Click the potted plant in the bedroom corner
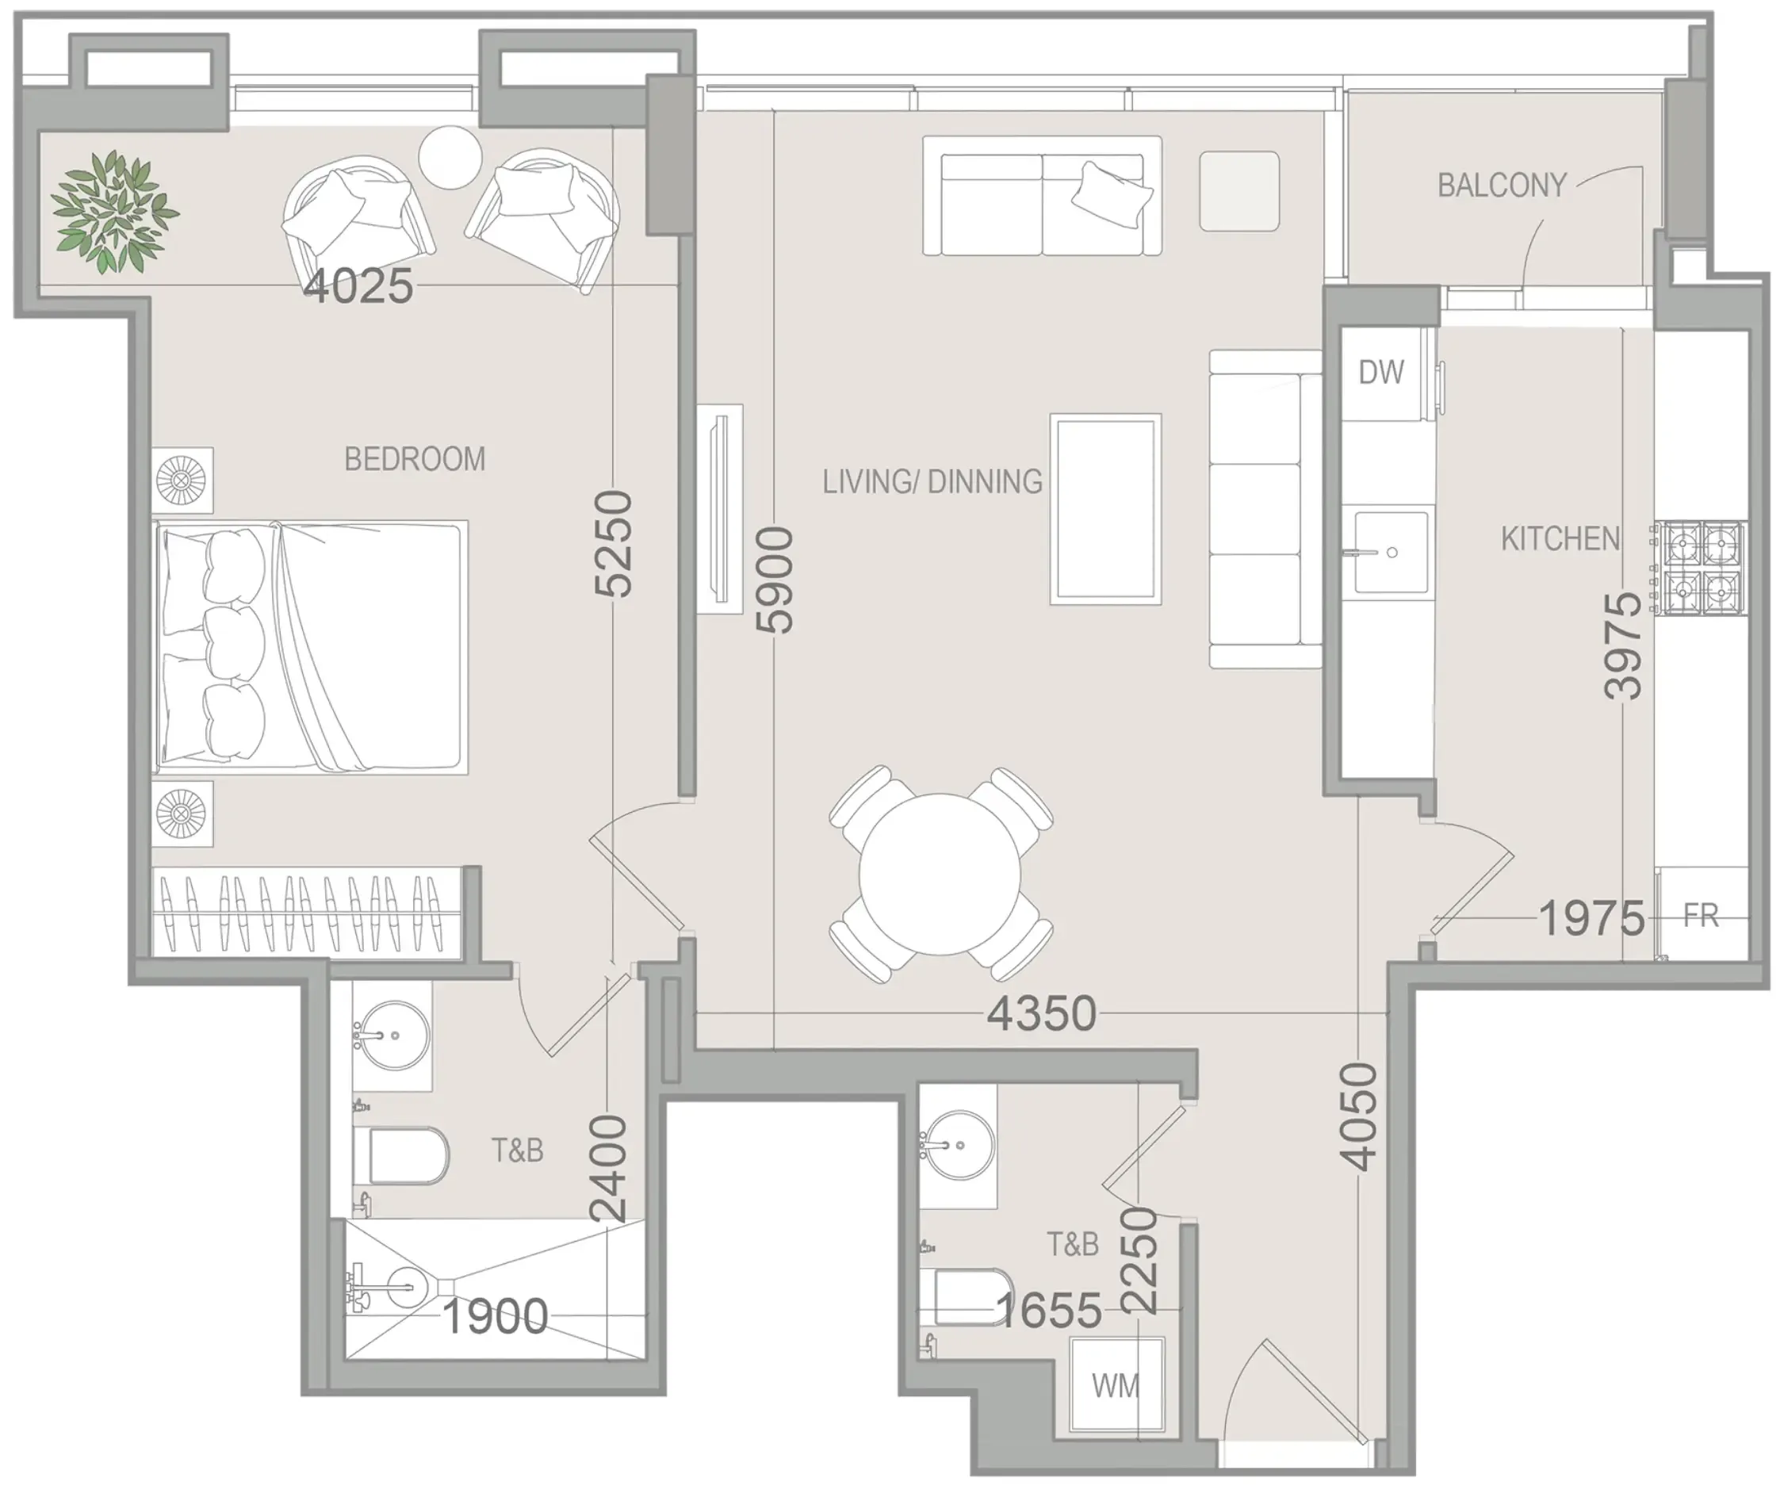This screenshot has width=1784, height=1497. coord(115,212)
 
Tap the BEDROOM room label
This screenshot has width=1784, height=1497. coord(415,460)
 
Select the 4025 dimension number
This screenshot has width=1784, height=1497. coord(358,286)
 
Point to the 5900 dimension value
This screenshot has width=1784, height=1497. coord(775,580)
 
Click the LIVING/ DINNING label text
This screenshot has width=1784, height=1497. coord(932,482)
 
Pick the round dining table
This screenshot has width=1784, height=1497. coord(940,875)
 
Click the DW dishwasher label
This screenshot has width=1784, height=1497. coord(1380,372)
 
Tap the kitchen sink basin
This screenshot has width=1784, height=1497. coord(1390,552)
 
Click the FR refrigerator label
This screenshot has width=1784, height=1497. coord(1701,916)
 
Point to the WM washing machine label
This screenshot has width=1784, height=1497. coord(1116,1387)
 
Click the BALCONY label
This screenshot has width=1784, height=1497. coord(1501,186)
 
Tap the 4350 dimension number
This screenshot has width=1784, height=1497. coord(1042,1013)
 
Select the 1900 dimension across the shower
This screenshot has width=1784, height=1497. coord(496,1317)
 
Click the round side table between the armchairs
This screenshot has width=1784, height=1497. coord(450,157)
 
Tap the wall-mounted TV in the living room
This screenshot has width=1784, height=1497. coord(721,509)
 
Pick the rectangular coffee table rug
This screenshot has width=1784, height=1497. coord(1105,510)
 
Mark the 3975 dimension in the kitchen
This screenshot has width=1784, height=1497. coord(1622,645)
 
